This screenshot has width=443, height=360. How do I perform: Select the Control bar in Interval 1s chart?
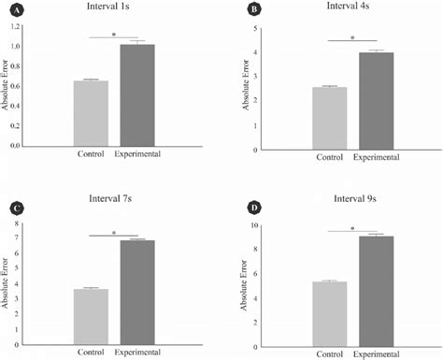click(x=92, y=113)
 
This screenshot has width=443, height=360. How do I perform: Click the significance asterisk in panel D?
click(x=353, y=227)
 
